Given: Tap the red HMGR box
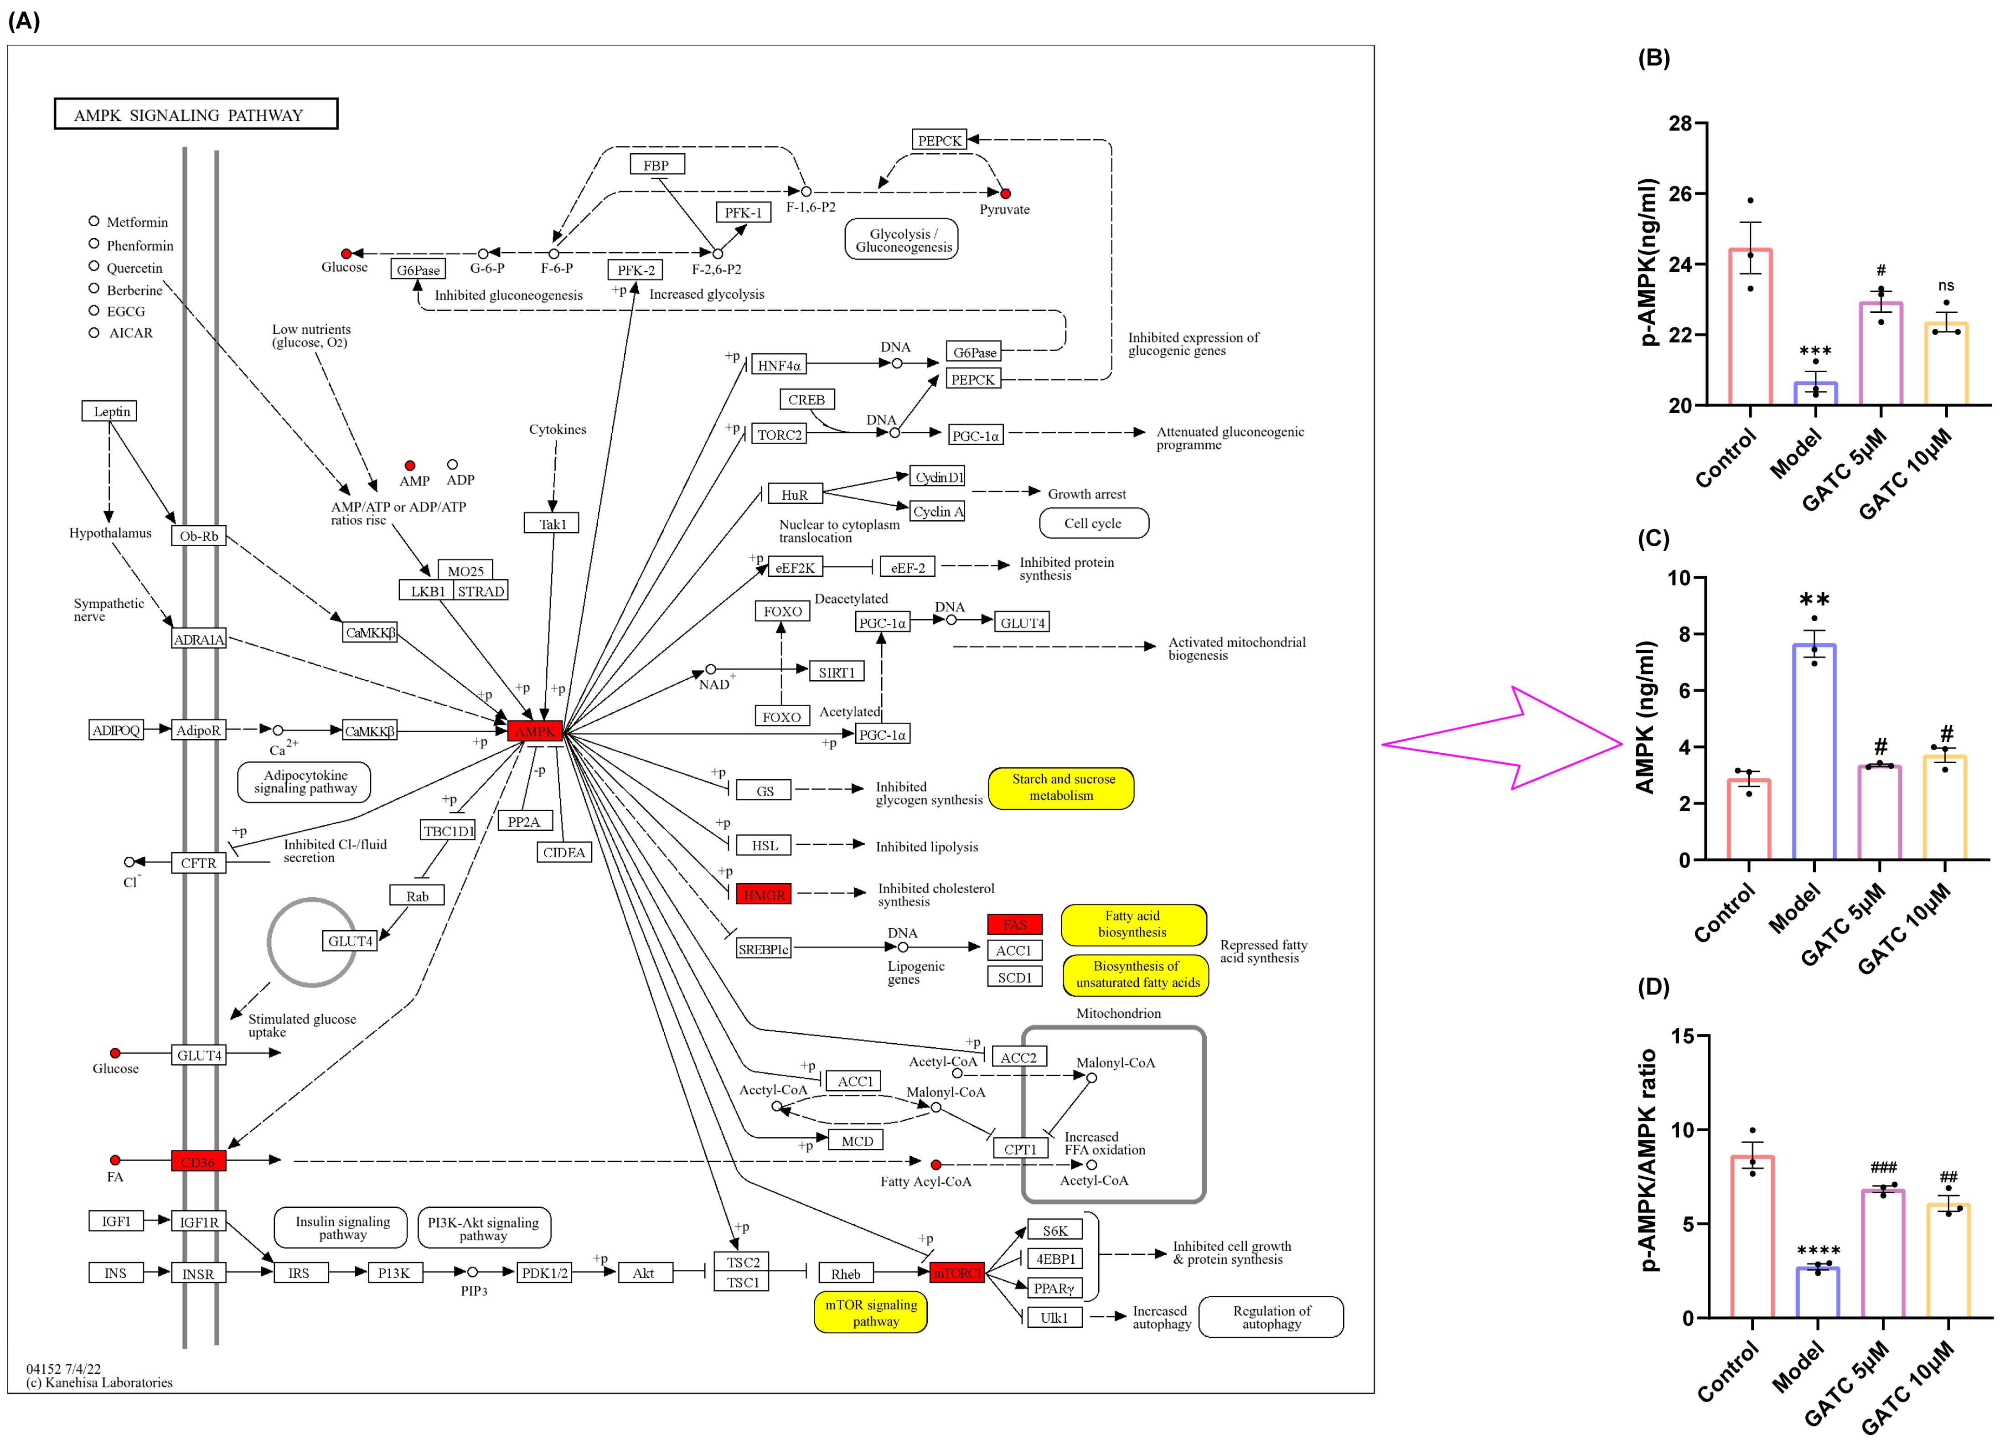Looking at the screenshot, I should point(764,894).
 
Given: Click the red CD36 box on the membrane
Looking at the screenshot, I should point(198,1161).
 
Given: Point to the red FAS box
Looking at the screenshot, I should point(1014,924).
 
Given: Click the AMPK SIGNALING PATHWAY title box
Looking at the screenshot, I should point(196,114).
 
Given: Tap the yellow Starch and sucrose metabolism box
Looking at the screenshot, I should point(1061,787).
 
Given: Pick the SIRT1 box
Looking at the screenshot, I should point(836,672).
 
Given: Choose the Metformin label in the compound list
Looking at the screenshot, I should point(136,222).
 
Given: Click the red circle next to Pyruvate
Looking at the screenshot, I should point(1005,193).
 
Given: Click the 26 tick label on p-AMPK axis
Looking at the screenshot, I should point(1679,194).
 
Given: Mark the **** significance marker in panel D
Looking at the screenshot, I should point(1818,1250).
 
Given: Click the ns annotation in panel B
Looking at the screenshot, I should point(1946,285).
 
